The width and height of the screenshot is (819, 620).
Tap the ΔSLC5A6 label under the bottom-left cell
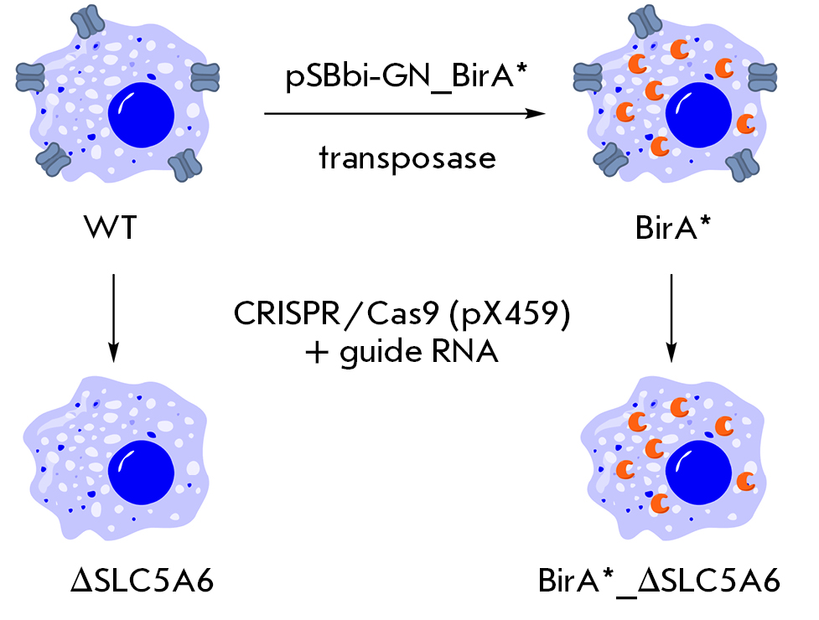tap(141, 580)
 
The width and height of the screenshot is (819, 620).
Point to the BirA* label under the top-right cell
tap(671, 226)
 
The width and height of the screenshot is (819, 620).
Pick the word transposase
tap(407, 157)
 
